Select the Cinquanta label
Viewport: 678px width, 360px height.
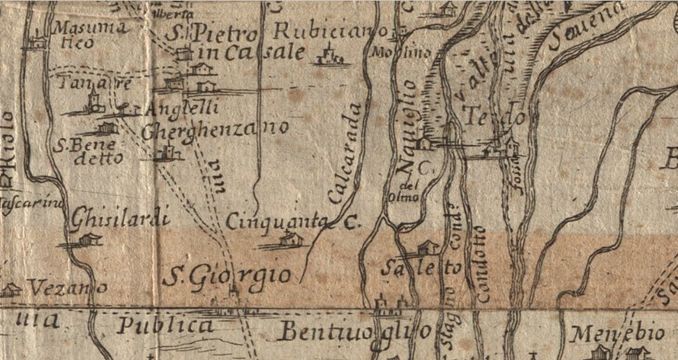coord(276,221)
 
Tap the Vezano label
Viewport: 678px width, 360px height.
coord(67,287)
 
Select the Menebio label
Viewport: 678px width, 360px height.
coord(608,333)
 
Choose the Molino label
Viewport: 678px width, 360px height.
coord(391,52)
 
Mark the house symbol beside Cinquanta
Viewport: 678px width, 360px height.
coord(292,239)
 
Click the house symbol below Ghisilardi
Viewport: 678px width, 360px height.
coord(88,240)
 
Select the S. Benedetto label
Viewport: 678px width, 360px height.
coord(89,151)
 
